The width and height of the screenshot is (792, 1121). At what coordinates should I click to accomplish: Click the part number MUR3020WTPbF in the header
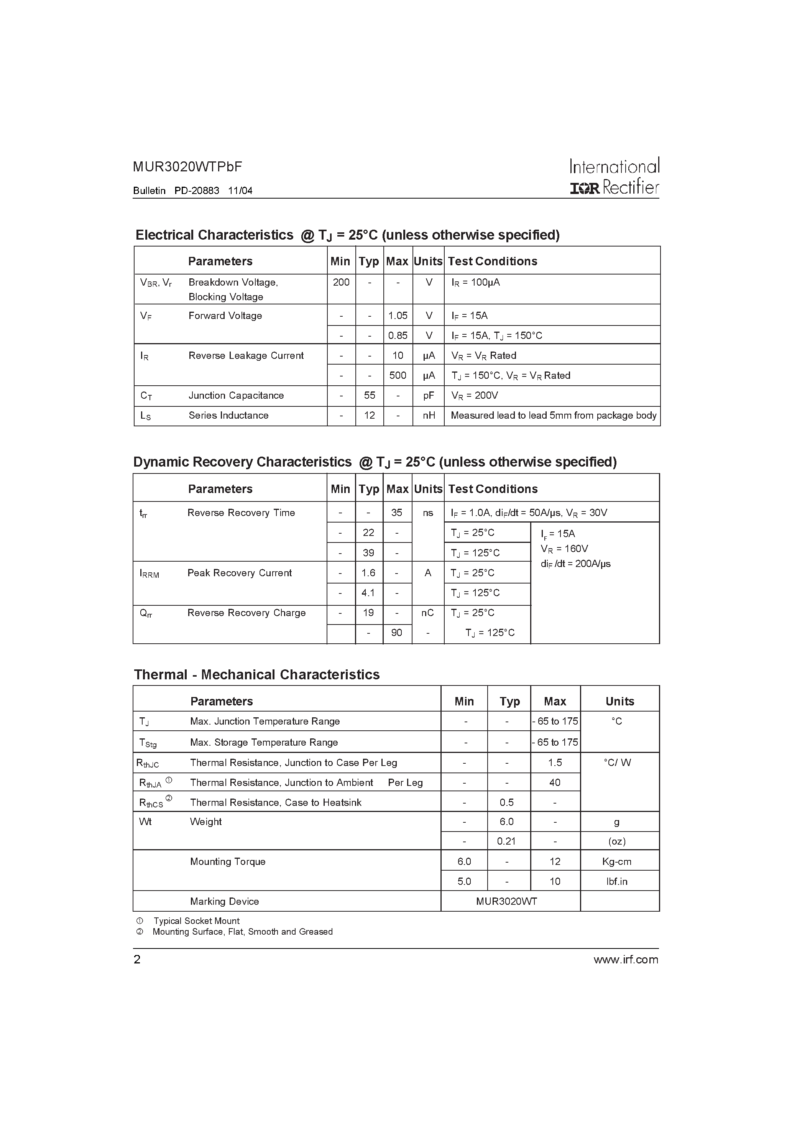coord(187,167)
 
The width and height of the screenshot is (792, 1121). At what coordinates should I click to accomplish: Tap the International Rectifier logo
coord(614,177)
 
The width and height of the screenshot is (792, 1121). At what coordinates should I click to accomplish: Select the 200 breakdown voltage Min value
coord(341,282)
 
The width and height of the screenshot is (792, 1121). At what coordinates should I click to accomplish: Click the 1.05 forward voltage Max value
coord(398,316)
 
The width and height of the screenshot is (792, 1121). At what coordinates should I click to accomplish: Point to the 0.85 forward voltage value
coord(398,336)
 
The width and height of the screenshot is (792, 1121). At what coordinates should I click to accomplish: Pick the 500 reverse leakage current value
coord(398,375)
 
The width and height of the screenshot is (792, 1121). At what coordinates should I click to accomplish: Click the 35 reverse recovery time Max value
coord(396,513)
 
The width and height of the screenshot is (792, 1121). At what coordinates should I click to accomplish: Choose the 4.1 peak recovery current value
coord(368,593)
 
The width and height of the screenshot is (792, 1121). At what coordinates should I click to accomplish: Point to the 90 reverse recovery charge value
coord(396,633)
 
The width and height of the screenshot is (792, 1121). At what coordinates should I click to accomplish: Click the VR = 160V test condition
coord(564,549)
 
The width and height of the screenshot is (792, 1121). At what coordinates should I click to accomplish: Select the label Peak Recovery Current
coord(239,573)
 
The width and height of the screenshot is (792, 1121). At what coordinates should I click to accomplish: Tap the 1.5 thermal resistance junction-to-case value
coord(555,763)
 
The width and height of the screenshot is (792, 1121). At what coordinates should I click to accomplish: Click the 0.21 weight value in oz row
coord(506,841)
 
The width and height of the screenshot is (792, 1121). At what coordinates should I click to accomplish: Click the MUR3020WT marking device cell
coord(506,902)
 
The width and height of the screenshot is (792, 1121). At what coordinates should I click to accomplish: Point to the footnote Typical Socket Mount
coord(196,921)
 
